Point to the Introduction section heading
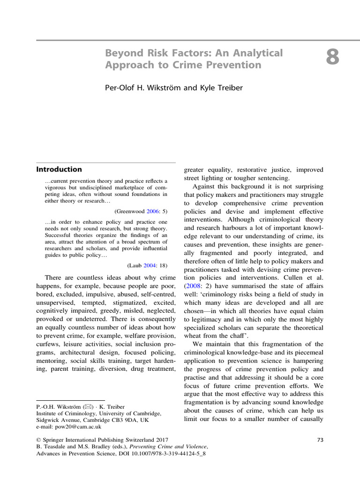tap(60, 169)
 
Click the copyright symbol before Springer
tap(39, 440)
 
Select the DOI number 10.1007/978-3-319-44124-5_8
tap(166, 455)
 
